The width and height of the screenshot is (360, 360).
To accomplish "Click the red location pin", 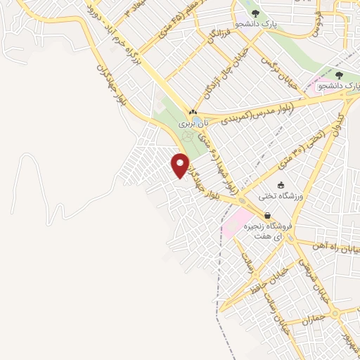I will [x=181, y=165].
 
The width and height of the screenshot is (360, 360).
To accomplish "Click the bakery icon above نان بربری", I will [x=192, y=112].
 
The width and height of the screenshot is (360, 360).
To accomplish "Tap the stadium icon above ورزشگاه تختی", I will [x=281, y=185].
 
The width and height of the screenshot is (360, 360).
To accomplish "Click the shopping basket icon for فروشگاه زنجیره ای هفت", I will [x=267, y=216].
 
